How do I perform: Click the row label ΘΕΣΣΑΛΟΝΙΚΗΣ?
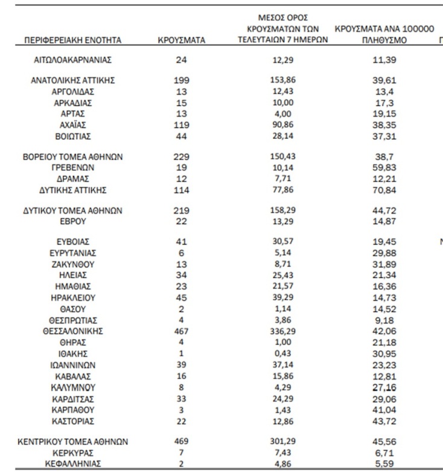(73, 331)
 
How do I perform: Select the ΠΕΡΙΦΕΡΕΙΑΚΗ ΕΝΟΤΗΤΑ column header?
(73, 40)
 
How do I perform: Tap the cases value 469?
(181, 442)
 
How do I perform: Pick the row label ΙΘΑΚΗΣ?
(73, 354)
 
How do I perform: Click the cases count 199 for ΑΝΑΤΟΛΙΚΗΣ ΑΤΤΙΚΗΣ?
(181, 80)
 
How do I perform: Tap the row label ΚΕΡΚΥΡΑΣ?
(73, 453)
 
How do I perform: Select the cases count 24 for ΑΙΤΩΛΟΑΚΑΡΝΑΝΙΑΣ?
(181, 60)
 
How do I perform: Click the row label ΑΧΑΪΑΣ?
(73, 125)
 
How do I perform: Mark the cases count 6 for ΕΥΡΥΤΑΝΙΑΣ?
(181, 253)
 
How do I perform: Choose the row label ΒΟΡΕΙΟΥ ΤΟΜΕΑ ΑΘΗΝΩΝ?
(73, 156)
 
